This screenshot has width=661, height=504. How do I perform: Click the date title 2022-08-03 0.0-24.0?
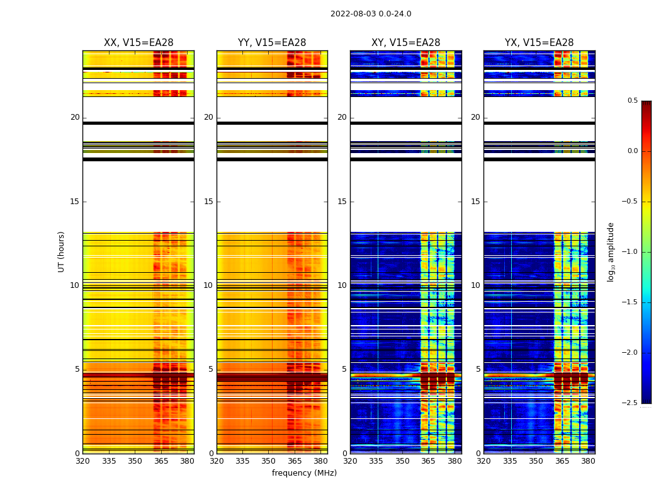pyautogui.click(x=371, y=14)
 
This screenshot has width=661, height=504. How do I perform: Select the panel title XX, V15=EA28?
pyautogui.click(x=138, y=43)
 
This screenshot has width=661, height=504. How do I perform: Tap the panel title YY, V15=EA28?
pyautogui.click(x=272, y=43)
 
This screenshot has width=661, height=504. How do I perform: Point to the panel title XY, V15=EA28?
pyautogui.click(x=405, y=43)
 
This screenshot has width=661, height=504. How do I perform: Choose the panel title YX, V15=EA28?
pyautogui.click(x=539, y=43)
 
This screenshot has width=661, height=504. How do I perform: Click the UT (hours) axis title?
pyautogui.click(x=61, y=251)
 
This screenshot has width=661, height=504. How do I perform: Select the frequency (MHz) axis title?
pyautogui.click(x=304, y=473)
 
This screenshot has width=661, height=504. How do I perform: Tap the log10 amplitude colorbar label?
pyautogui.click(x=611, y=251)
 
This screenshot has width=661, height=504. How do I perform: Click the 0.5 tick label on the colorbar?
pyautogui.click(x=632, y=101)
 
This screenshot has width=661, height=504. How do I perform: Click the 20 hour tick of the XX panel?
pyautogui.click(x=75, y=117)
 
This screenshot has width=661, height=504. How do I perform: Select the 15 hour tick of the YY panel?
pyautogui.click(x=208, y=202)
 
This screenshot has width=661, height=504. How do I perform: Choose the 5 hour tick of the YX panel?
pyautogui.click(x=478, y=369)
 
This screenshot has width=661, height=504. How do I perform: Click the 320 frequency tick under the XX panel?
pyautogui.click(x=82, y=461)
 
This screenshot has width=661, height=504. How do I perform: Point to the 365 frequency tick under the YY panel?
pyautogui.click(x=295, y=461)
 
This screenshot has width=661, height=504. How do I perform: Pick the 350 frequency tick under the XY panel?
pyautogui.click(x=402, y=461)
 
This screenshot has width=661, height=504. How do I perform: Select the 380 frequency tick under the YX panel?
pyautogui.click(x=588, y=461)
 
